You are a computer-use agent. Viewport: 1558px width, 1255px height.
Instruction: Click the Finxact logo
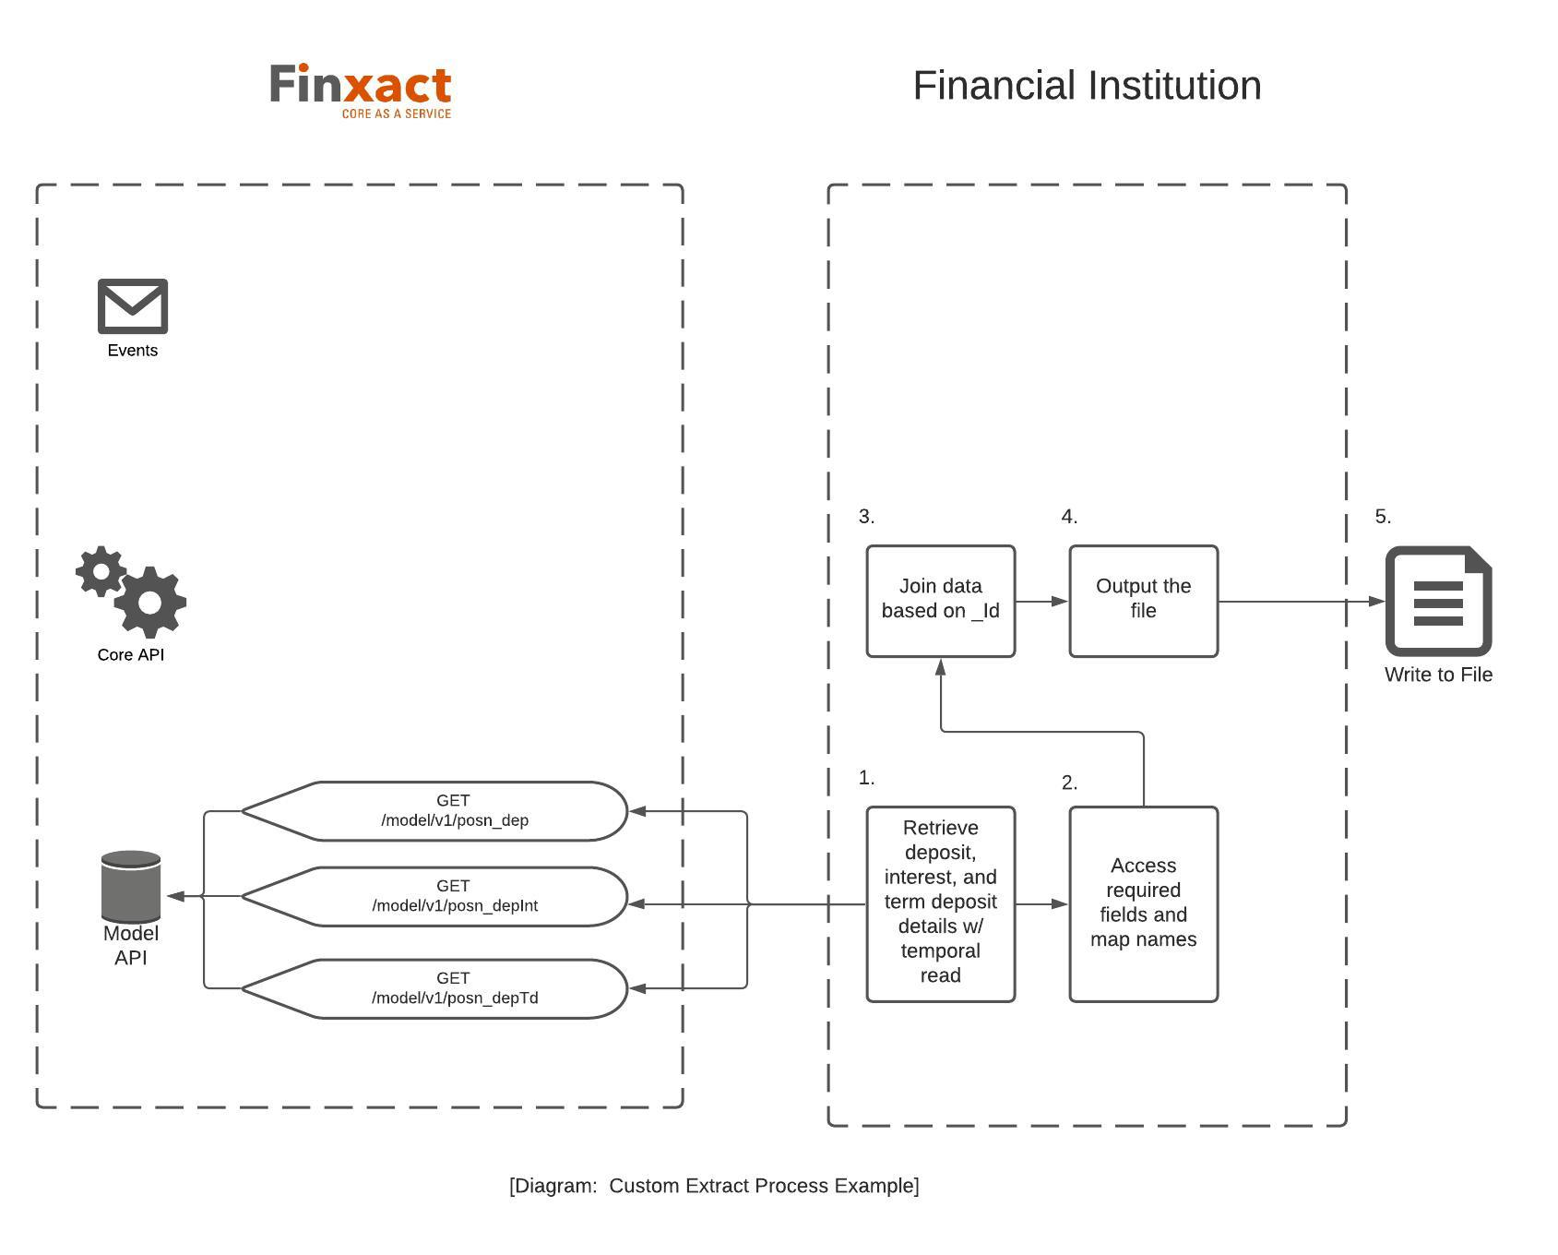click(360, 90)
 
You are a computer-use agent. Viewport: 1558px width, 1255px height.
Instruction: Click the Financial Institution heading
click(1087, 86)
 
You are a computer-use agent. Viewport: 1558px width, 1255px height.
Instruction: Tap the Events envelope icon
click(133, 306)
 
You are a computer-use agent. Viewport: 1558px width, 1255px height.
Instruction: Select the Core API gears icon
click(132, 591)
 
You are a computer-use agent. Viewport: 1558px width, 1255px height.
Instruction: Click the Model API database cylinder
click(131, 886)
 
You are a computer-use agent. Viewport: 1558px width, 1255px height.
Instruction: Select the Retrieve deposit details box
click(940, 903)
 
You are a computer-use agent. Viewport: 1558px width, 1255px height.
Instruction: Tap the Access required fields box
click(1143, 903)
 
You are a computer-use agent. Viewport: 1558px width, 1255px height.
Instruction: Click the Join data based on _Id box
click(940, 601)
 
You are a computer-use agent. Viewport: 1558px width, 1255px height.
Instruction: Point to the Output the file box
click(1143, 601)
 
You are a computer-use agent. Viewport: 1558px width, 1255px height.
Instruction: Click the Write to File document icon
click(1438, 601)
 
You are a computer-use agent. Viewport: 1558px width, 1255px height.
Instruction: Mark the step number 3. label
click(866, 517)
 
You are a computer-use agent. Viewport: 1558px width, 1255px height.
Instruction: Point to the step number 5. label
click(1382, 517)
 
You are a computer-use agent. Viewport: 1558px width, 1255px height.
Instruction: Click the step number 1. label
click(866, 778)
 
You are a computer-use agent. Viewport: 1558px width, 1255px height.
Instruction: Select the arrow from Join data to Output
click(1042, 602)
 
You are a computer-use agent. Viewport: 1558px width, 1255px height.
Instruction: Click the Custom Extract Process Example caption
click(714, 1186)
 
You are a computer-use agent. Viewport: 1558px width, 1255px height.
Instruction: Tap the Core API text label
click(131, 654)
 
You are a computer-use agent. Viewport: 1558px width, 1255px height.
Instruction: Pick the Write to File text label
click(1438, 675)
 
